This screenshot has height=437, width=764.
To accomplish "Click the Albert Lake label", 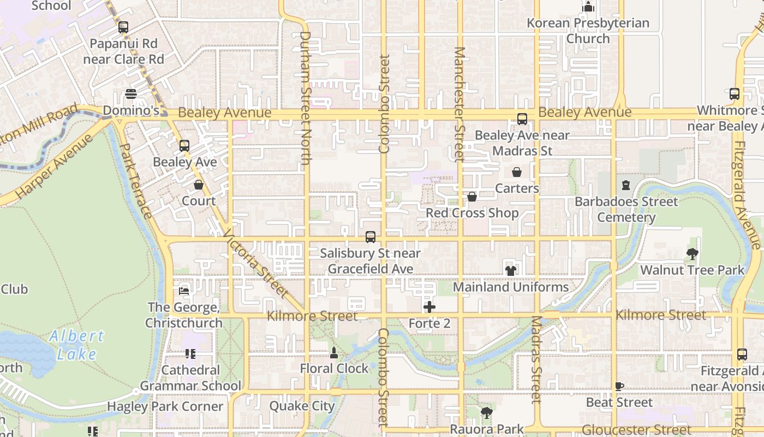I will coord(76,345).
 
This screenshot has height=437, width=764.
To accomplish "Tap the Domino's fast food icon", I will coord(131,94).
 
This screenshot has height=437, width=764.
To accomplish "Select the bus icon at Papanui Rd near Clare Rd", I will coord(123,27).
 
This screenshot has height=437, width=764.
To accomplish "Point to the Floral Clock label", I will coord(334,369).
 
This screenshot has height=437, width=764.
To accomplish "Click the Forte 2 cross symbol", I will coord(429,307).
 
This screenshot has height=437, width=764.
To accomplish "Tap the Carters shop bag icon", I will coord(517,173).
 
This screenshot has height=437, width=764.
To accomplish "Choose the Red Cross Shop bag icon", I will coord(472,197).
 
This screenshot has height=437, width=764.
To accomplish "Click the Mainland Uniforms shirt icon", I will coord(510,270).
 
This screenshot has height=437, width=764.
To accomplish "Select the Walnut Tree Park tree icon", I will coord(693,254).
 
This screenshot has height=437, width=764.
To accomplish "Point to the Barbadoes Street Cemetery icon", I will coord(626,185).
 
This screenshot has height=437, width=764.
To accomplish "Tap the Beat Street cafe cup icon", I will coord(619,386).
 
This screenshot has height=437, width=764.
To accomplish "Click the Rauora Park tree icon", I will coord(486,413).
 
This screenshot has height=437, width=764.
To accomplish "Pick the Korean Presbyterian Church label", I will coord(588,31).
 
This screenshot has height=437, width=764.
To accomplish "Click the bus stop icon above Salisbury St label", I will coord(371,237).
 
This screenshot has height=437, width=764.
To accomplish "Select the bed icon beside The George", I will coord(184,291).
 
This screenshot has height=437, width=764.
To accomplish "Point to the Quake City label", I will coord(302,406).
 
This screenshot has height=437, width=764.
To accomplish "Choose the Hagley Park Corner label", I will coord(165,406).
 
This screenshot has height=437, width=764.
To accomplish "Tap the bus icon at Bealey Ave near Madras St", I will coord(522,119).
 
